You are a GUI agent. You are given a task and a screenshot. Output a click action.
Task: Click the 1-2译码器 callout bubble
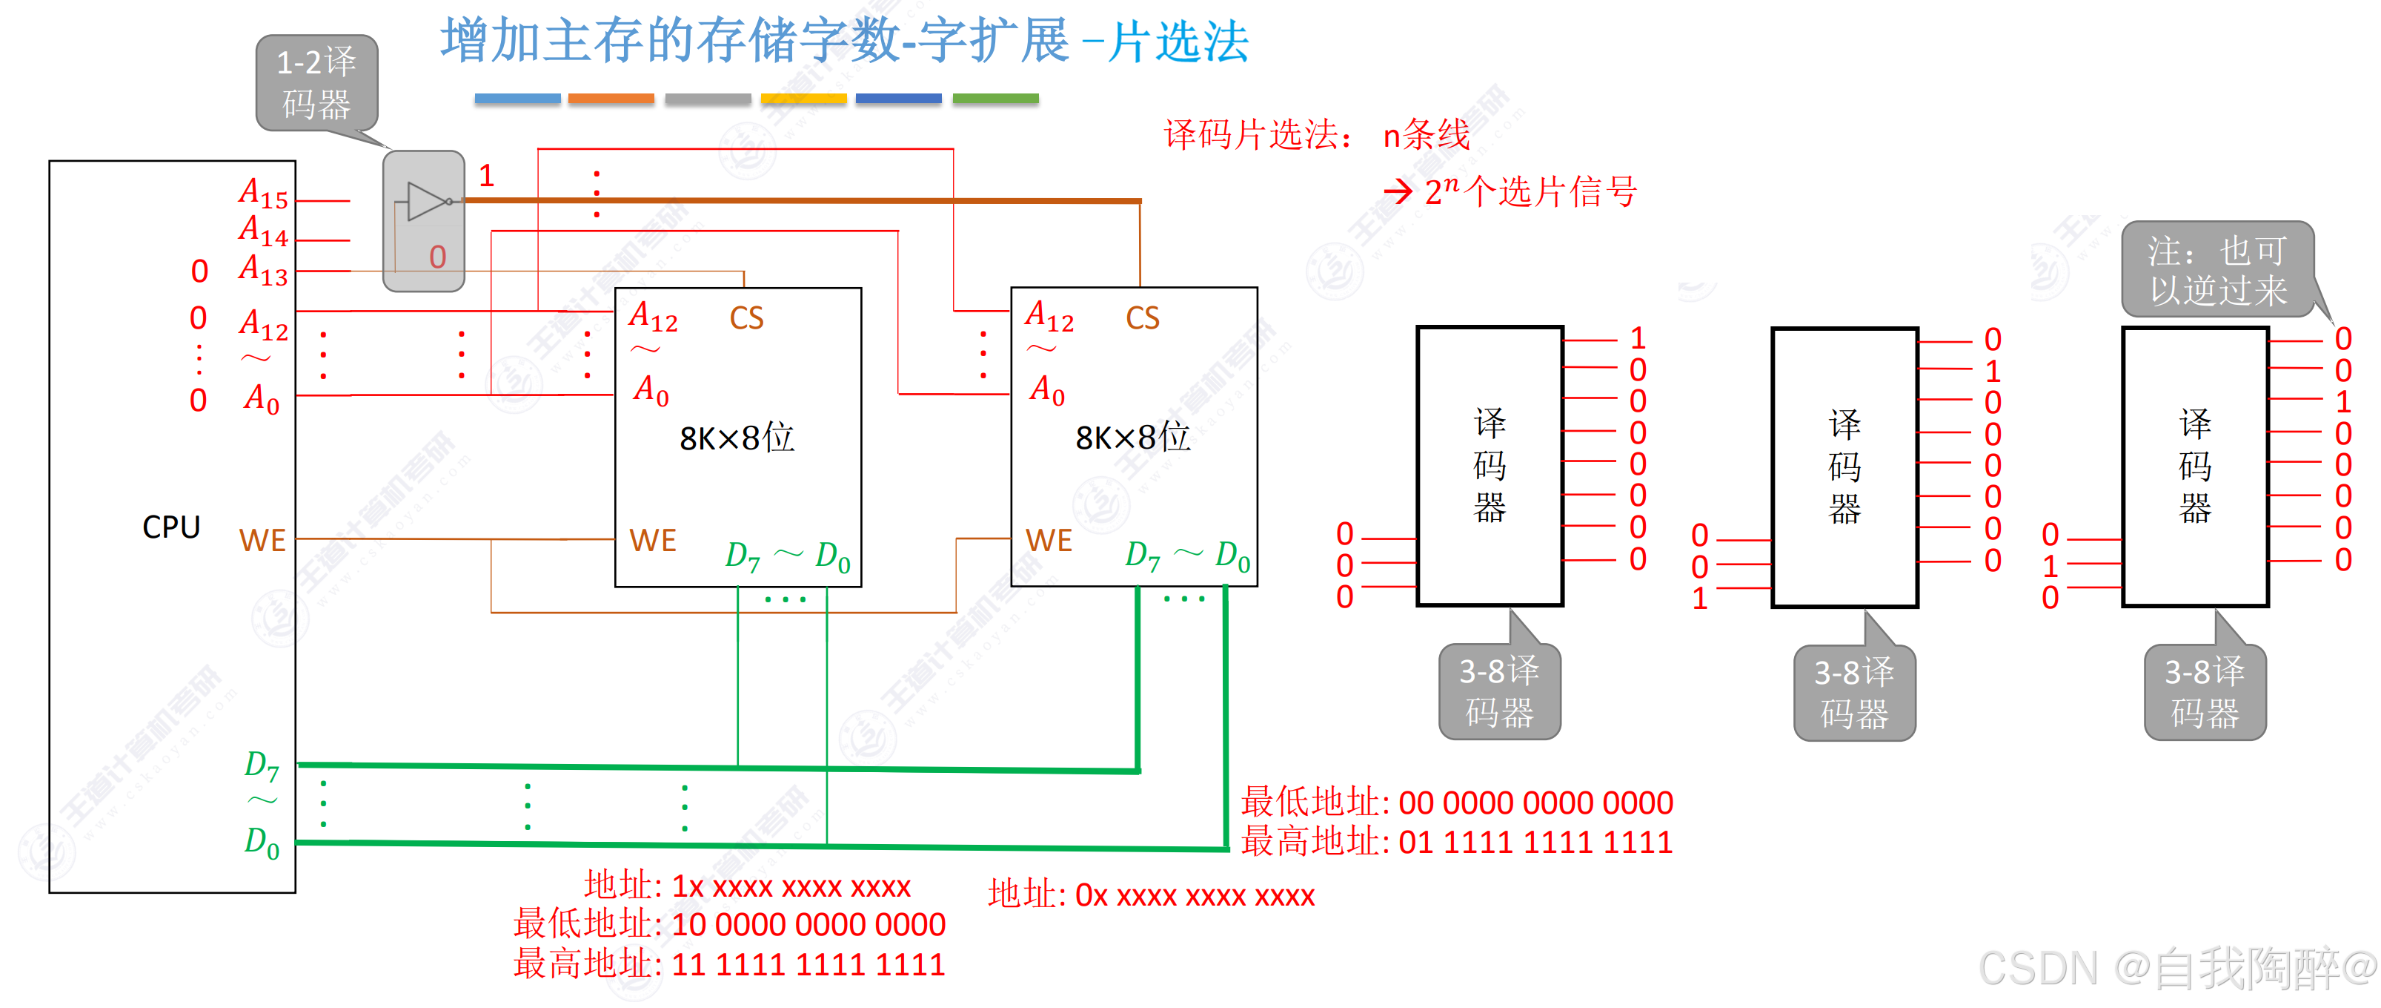316,83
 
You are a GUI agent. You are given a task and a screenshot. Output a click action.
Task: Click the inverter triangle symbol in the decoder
426,201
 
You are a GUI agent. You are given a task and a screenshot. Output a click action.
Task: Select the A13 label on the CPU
263,270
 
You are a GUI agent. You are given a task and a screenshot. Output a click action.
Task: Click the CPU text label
171,527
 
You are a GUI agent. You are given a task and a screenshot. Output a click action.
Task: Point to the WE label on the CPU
262,541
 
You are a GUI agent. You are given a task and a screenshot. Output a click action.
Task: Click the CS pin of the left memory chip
746,318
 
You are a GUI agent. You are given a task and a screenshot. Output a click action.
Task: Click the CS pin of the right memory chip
1143,318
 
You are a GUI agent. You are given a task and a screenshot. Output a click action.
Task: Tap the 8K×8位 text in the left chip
737,438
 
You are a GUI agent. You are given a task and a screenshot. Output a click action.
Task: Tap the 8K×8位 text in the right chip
1133,438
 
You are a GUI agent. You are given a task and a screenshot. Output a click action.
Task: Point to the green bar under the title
995,99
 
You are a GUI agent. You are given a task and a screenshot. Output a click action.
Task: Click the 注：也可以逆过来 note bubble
2217,269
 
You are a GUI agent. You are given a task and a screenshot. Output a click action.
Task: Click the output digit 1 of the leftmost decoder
1638,338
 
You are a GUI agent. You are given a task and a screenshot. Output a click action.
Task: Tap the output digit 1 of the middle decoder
1993,372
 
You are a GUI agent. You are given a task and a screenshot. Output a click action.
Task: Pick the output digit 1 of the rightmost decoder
2343,402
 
